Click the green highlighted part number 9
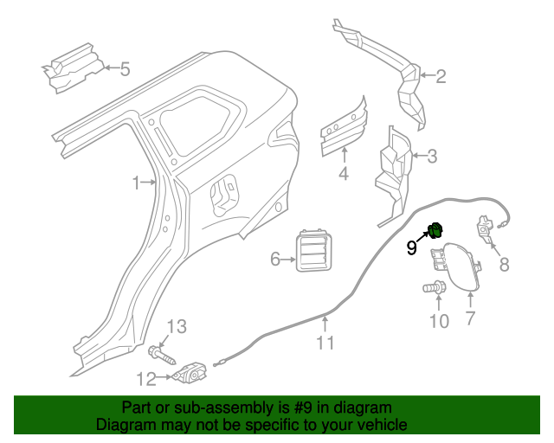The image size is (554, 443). [x=437, y=229]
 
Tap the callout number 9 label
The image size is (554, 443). [x=412, y=248]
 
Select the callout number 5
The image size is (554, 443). [x=125, y=69]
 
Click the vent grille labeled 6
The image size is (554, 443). [x=312, y=254]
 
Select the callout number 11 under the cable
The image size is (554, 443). [x=325, y=343]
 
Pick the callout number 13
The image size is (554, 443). [x=176, y=326]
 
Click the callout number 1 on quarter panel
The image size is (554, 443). [x=135, y=183]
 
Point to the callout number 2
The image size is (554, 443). [x=441, y=77]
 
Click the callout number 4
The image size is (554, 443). [x=343, y=176]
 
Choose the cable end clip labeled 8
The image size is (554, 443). [x=484, y=230]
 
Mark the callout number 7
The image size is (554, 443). [x=470, y=319]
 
